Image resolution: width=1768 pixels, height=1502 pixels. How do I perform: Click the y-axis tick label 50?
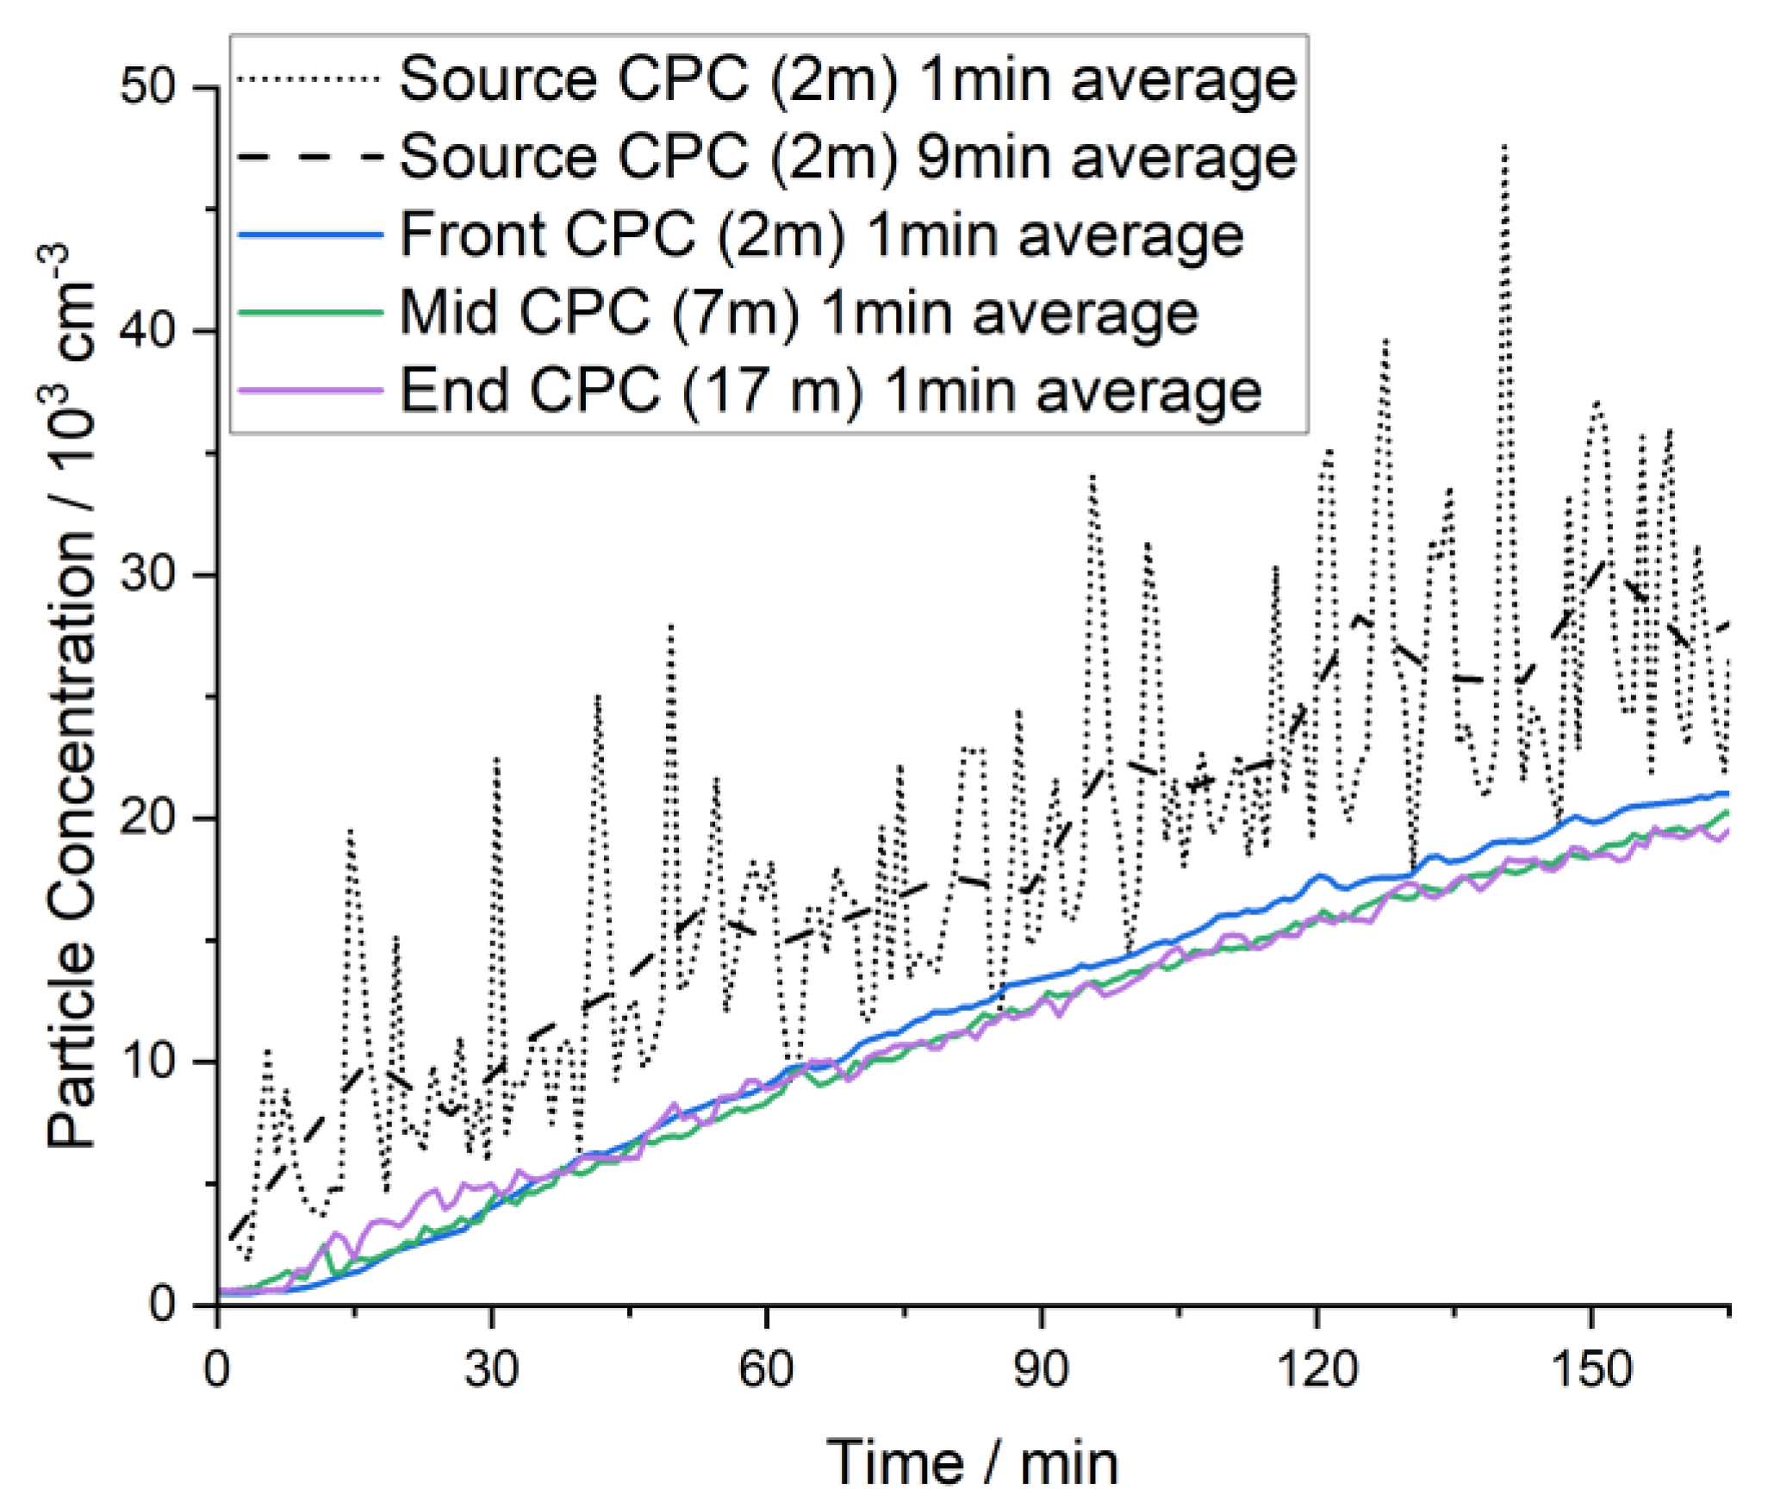[147, 88]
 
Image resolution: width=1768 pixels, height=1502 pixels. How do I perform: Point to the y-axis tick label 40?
[147, 331]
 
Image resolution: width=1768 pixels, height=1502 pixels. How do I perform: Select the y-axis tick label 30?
[147, 575]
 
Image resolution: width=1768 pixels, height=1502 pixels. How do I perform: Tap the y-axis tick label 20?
[147, 818]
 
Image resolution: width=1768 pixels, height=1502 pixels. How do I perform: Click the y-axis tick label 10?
[147, 1061]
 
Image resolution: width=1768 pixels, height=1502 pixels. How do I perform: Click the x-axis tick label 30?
[491, 1368]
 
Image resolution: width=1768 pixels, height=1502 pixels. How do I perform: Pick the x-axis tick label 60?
[766, 1368]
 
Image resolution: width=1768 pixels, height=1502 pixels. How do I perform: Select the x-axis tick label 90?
[1041, 1368]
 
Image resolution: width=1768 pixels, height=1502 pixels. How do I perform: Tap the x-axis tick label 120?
[1316, 1368]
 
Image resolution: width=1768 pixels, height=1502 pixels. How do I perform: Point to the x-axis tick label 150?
[1591, 1368]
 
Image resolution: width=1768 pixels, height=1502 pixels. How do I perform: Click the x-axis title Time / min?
[972, 1461]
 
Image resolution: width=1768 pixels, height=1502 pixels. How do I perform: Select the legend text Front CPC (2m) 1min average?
[821, 234]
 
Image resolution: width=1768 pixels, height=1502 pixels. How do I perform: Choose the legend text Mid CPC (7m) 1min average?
[799, 313]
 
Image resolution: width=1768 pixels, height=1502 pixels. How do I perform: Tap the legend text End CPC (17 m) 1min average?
[831, 391]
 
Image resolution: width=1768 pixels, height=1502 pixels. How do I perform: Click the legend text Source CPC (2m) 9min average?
[848, 157]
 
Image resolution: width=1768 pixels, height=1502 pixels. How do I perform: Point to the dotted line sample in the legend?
[308, 79]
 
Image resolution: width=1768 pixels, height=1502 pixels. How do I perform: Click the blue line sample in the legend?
[308, 234]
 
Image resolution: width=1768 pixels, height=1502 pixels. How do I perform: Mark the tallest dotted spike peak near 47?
[1504, 146]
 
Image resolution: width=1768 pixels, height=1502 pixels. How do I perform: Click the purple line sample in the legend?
[308, 390]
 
